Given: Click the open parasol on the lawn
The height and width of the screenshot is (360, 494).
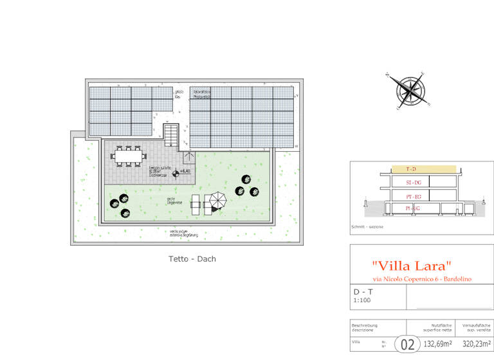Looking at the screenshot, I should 219,201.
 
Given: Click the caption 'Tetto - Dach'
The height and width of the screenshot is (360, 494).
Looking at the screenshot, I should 187,259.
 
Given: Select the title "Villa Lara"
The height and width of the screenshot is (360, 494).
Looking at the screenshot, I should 412,265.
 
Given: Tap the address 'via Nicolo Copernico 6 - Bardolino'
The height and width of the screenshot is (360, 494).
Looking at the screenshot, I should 422,279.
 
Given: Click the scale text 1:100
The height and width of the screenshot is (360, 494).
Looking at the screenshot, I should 361,300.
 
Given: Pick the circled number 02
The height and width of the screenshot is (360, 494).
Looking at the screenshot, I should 407,344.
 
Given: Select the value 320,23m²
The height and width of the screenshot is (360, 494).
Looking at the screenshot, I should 475,344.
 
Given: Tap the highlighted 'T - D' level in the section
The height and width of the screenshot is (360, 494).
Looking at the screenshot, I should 412,169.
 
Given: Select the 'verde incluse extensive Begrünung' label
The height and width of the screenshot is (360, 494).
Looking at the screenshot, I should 183,234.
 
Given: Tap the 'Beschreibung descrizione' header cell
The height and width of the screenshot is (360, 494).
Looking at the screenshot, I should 365,327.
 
